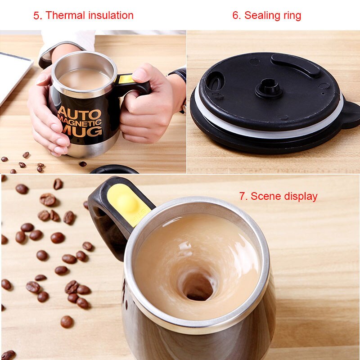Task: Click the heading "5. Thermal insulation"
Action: [83, 15]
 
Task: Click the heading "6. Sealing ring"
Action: [266, 15]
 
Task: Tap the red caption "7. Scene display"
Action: [278, 196]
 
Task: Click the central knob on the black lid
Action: [269, 86]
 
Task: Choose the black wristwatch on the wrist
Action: [180, 76]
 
